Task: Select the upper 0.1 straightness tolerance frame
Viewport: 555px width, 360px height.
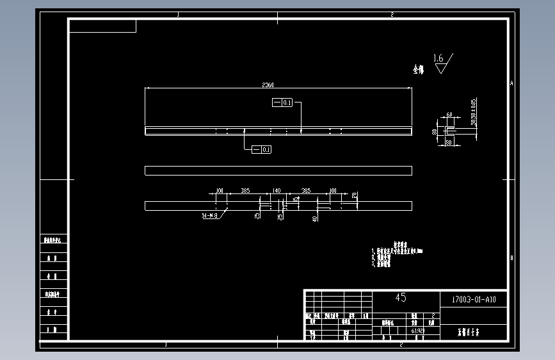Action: click(282, 102)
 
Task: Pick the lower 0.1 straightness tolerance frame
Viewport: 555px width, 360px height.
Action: click(262, 149)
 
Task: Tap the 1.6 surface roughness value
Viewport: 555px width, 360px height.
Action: click(438, 58)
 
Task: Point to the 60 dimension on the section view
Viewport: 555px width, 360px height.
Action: click(449, 115)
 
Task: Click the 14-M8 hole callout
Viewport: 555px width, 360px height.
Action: click(210, 217)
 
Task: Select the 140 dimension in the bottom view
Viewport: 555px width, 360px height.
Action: click(277, 191)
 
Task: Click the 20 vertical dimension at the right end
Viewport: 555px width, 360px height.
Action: click(354, 195)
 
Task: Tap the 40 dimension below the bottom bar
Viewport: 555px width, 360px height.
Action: click(314, 218)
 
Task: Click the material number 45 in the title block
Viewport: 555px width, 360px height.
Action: click(401, 298)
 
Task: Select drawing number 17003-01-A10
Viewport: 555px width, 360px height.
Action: click(474, 299)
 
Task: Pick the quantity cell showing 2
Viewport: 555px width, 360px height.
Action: click(433, 316)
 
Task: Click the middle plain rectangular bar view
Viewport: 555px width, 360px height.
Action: click(278, 170)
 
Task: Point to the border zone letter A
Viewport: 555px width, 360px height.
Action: click(511, 83)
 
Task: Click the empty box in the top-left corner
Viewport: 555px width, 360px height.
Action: click(103, 26)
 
